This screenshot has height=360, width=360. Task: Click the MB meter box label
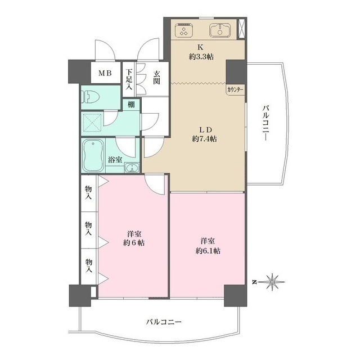point(106,73)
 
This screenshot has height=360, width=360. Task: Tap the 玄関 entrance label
point(156,77)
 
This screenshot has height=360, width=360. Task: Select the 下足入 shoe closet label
point(129,79)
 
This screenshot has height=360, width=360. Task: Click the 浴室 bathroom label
point(115,160)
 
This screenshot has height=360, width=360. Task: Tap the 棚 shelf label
point(130,105)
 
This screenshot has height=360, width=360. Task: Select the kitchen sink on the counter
point(220,30)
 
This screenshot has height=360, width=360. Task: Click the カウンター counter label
point(235,89)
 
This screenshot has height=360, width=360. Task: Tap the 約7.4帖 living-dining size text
point(204,138)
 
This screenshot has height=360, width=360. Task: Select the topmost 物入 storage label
point(89,193)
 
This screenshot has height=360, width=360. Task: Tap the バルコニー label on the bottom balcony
point(164,322)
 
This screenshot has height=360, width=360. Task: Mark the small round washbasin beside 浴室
point(132,167)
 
